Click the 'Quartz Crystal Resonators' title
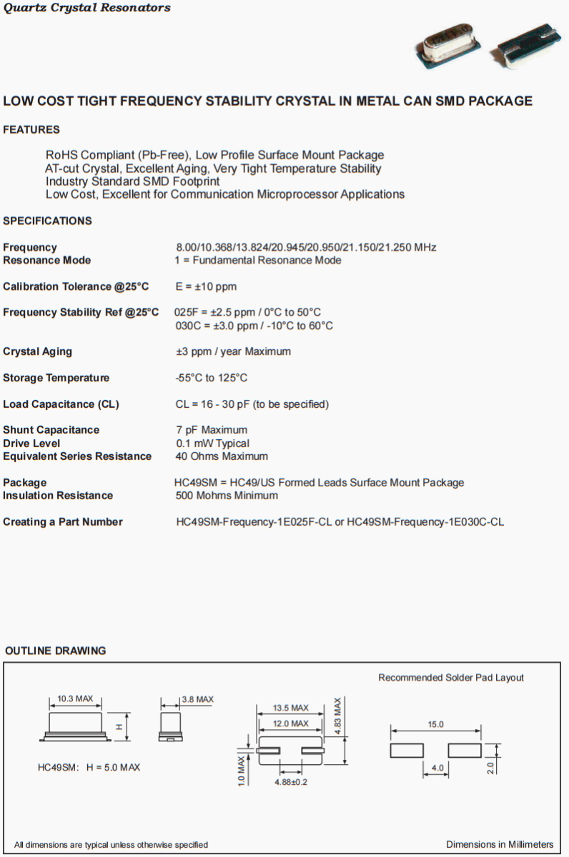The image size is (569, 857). coord(87,8)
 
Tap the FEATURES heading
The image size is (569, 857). coord(31,130)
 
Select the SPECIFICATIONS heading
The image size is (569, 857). coord(47,221)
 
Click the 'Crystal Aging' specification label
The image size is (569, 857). coord(37,351)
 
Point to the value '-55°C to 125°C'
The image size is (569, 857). coord(212,378)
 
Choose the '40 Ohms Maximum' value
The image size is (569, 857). coord(222,456)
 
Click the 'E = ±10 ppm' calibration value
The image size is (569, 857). coord(206,286)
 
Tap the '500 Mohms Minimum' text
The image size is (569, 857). coord(227,496)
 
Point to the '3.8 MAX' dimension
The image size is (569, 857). coord(197,699)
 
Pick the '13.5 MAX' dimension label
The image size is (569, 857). coord(290,708)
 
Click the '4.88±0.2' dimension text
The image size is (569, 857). coord(291,782)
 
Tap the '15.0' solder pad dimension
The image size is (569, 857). coord(436,724)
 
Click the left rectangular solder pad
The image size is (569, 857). coord(407,751)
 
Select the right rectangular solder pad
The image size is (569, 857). coord(465,751)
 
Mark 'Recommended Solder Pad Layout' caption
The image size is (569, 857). coord(451,678)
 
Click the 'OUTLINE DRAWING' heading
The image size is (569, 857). coord(56,651)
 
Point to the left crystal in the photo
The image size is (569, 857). coord(447,49)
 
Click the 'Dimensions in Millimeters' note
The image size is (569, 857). coord(500,844)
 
